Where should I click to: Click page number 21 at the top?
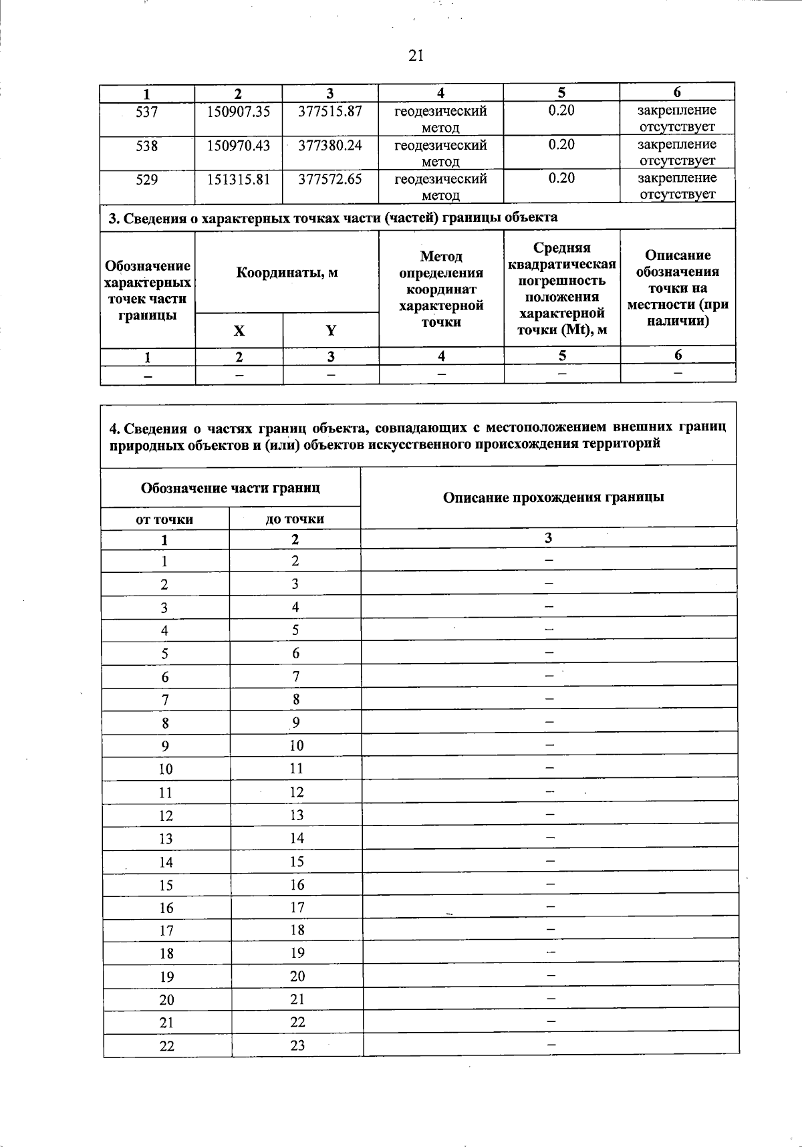pyautogui.click(x=416, y=56)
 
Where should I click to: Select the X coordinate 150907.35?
pyautogui.click(x=239, y=112)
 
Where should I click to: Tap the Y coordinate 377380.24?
pyautogui.click(x=330, y=145)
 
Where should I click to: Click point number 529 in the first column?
pyautogui.click(x=147, y=179)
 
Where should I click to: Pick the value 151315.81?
pyautogui.click(x=239, y=179)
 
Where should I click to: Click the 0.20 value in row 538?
pyautogui.click(x=561, y=145)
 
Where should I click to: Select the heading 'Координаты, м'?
pyautogui.click(x=287, y=273)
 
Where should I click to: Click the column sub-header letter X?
pyautogui.click(x=239, y=331)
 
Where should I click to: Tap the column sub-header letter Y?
pyautogui.click(x=330, y=331)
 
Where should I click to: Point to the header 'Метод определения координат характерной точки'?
pyautogui.click(x=441, y=289)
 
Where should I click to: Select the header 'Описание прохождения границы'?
pyautogui.click(x=553, y=497)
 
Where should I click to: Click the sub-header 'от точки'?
pyautogui.click(x=164, y=519)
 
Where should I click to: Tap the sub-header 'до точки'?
pyautogui.click(x=295, y=519)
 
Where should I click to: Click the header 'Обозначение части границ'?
pyautogui.click(x=230, y=488)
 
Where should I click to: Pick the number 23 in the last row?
pyautogui.click(x=297, y=1045)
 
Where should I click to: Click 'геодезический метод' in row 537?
pyautogui.click(x=440, y=119)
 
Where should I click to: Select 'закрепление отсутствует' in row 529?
pyautogui.click(x=677, y=186)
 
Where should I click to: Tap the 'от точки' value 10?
pyautogui.click(x=166, y=769)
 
